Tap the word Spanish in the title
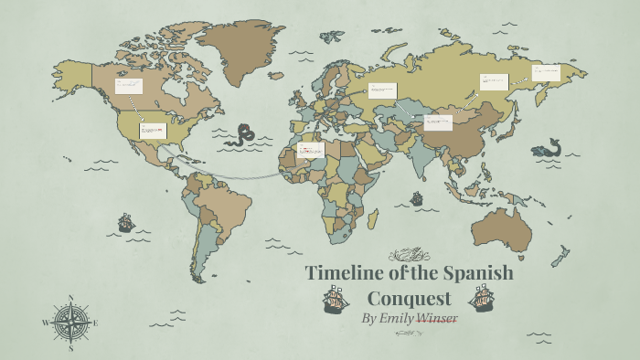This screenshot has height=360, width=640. point(477,273)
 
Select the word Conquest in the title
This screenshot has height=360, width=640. point(409,298)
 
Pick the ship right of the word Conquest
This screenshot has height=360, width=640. point(481,298)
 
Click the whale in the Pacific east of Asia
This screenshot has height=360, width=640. point(548,148)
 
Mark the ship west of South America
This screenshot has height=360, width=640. point(126,222)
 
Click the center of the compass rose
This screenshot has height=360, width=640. point(69,322)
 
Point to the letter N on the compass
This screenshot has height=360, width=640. point(70,298)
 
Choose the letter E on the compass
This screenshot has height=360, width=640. point(95,323)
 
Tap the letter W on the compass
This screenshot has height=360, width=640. point(45,323)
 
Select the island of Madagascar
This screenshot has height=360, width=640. point(373,217)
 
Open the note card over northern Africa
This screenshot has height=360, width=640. point(311,150)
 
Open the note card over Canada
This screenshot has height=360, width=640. point(129,87)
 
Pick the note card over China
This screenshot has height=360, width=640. point(439,122)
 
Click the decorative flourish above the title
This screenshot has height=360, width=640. point(409,253)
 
